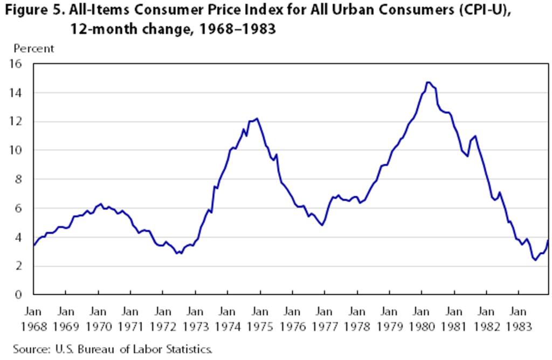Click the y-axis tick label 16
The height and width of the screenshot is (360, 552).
tap(20, 64)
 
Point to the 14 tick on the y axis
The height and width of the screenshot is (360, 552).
tap(20, 93)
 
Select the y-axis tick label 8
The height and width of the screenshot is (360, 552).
tap(23, 179)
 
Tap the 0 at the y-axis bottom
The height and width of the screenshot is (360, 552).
tap(23, 295)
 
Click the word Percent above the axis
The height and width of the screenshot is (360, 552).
tap(33, 49)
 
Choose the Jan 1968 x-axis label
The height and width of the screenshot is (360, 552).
tap(33, 319)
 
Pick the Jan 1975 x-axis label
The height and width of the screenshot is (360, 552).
tap(260, 319)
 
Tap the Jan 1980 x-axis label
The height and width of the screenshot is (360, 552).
tap(422, 319)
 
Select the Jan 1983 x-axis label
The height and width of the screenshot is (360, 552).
tap(519, 319)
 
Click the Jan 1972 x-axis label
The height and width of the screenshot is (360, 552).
tap(163, 319)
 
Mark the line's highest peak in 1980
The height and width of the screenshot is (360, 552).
tap(428, 82)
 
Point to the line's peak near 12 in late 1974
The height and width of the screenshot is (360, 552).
tap(257, 119)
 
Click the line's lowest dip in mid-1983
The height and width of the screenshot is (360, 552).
tap(535, 260)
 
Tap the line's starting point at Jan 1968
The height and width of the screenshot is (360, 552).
tap(34, 246)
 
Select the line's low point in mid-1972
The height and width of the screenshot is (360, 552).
tap(177, 253)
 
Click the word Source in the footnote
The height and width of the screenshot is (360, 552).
tap(28, 349)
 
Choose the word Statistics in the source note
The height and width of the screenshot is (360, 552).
tap(190, 349)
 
